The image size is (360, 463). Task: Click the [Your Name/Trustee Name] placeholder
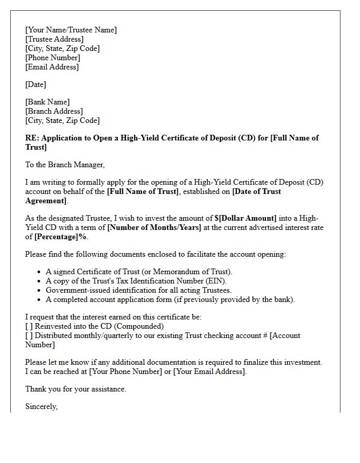click(x=71, y=30)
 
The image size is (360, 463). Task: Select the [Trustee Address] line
click(x=54, y=39)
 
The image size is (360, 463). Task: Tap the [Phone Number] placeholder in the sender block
click(x=52, y=58)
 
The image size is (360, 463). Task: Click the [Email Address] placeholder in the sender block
click(x=52, y=67)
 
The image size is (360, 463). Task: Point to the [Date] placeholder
click(x=35, y=84)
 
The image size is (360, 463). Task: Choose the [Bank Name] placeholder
click(x=47, y=102)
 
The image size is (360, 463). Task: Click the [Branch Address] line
click(x=53, y=111)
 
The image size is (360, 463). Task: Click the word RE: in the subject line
click(x=32, y=138)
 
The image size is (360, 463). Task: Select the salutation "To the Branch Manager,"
click(x=65, y=165)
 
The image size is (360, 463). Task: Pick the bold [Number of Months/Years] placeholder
click(x=154, y=227)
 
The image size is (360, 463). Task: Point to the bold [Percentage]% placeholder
click(x=61, y=237)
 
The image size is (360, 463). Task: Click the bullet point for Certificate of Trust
click(x=40, y=272)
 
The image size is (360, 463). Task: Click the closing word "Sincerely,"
click(x=42, y=406)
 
